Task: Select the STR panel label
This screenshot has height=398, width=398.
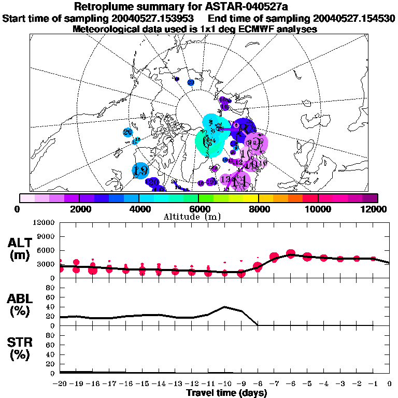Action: [21, 349]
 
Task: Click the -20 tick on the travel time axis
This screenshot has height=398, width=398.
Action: [60, 384]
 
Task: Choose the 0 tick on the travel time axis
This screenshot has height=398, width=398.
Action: [390, 384]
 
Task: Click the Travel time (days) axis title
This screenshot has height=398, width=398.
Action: [226, 393]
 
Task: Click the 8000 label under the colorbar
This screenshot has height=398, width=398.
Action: [258, 209]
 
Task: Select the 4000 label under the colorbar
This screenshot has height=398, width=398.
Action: [139, 209]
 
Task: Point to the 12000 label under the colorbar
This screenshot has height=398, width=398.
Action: [375, 209]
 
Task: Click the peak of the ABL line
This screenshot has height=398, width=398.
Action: [224, 307]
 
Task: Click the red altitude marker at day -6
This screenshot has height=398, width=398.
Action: [291, 253]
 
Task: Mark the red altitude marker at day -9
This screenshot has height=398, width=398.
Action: [241, 273]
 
